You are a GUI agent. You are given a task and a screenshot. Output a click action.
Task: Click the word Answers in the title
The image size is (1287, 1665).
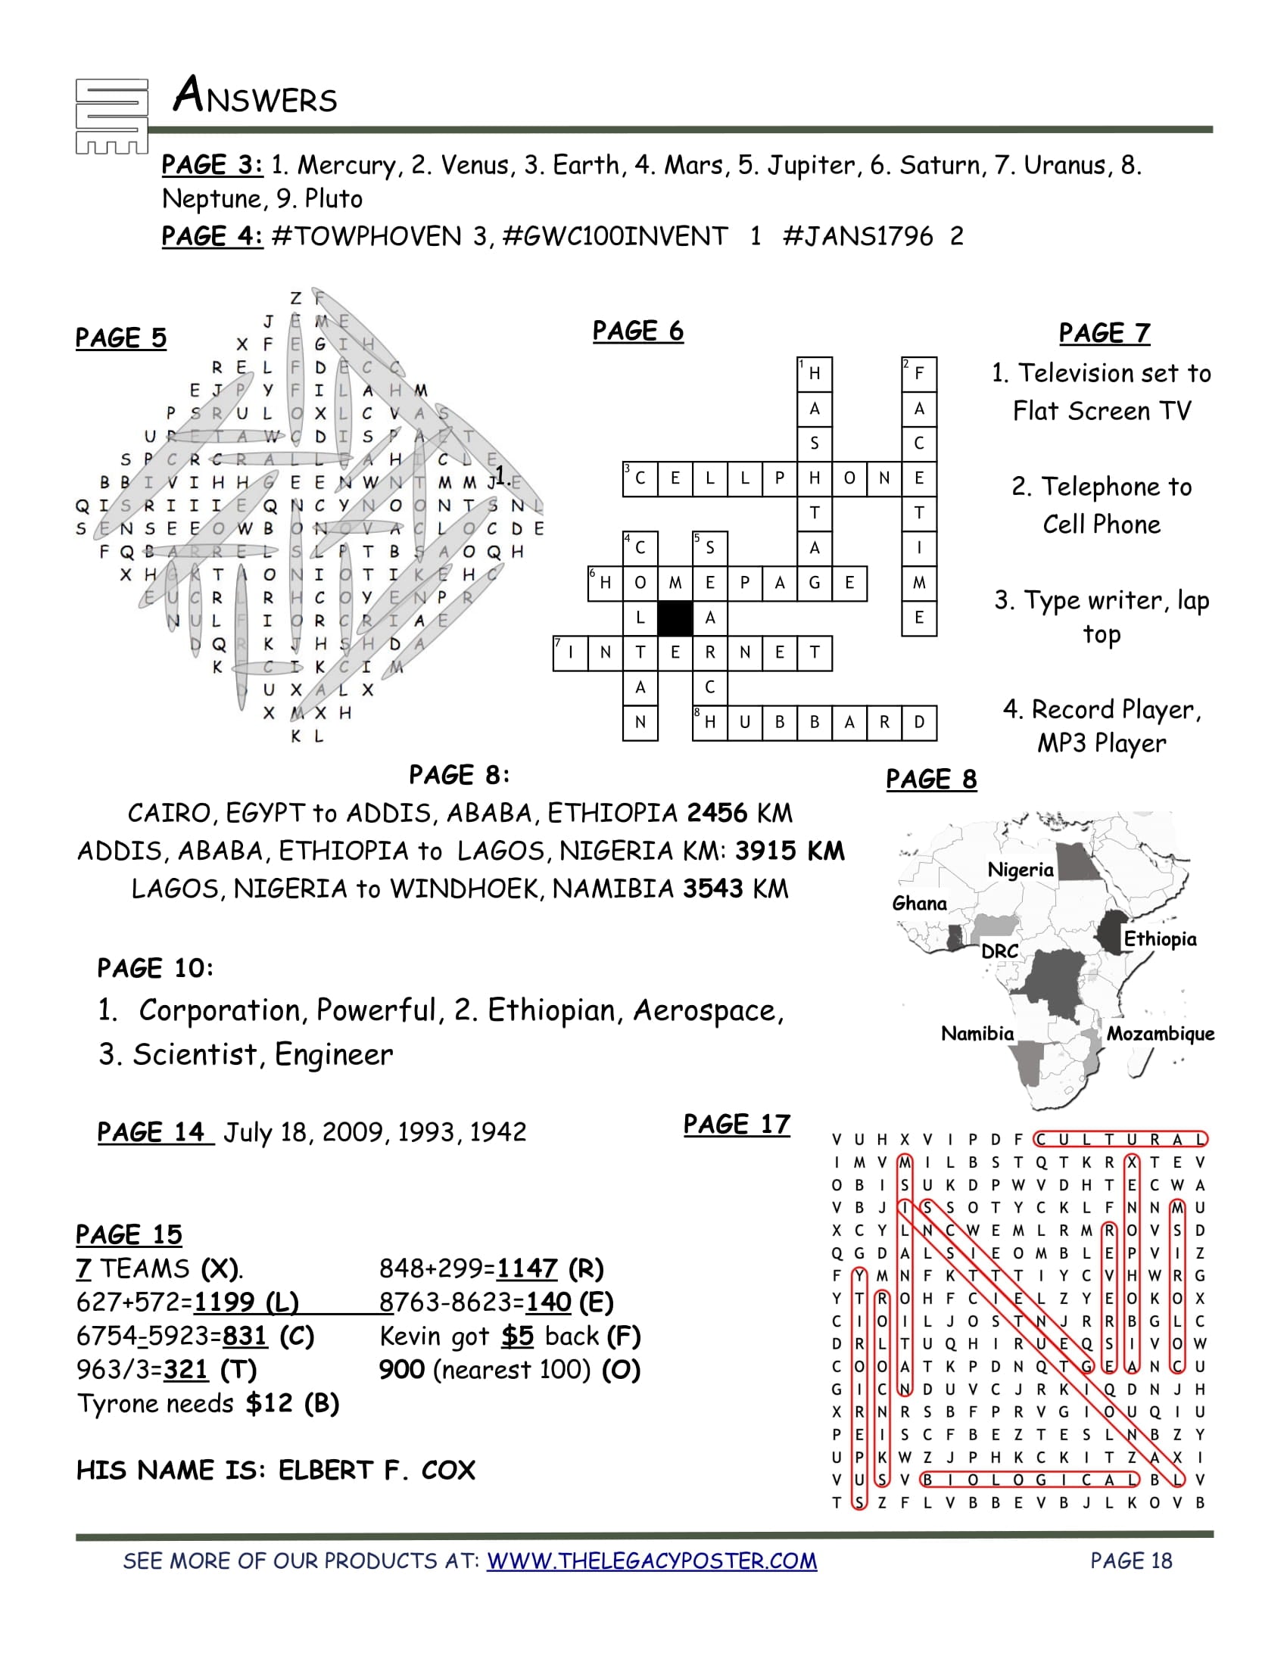(254, 96)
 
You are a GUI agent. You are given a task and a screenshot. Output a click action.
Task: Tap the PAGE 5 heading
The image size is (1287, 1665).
(120, 338)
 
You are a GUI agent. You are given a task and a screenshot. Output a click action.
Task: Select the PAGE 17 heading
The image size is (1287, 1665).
(737, 1125)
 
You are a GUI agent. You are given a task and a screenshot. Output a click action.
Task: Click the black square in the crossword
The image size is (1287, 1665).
(675, 618)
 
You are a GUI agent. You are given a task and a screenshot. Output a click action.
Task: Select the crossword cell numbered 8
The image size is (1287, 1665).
(710, 723)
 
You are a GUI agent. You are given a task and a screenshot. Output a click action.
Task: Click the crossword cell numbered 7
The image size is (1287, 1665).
(570, 653)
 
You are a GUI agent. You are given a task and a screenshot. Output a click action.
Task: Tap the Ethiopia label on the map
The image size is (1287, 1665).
(1160, 938)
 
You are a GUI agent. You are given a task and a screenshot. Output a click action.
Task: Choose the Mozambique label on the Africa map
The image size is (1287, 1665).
(1161, 1034)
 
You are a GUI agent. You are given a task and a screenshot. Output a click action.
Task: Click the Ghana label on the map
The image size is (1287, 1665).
(920, 904)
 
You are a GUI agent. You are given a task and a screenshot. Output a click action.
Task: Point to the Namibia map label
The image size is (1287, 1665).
(977, 1034)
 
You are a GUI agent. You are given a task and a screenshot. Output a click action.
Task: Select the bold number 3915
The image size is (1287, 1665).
(765, 851)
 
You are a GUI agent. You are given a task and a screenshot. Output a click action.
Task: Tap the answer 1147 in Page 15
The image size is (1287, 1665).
(527, 1268)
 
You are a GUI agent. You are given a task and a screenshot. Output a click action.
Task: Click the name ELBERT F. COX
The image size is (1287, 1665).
(377, 1470)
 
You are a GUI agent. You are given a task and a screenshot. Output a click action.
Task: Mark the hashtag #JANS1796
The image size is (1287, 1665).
(858, 236)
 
